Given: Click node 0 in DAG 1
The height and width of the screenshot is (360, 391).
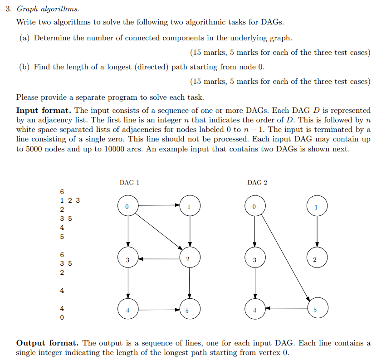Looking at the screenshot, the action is (x=127, y=206).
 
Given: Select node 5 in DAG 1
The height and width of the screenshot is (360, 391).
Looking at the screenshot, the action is (x=189, y=310).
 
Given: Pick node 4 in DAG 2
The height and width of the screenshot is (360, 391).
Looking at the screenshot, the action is (x=254, y=310).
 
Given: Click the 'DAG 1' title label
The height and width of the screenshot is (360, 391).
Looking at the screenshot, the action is (x=129, y=182).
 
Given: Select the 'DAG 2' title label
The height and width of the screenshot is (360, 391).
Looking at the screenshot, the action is (x=257, y=182).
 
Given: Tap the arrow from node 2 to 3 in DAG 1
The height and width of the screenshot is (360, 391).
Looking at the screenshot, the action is (x=158, y=259).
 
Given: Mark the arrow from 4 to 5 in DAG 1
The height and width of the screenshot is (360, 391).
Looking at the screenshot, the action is (x=158, y=310).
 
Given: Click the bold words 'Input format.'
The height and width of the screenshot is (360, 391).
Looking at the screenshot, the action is (x=44, y=110).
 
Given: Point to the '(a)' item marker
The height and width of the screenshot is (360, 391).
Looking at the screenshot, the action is (x=25, y=38).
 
